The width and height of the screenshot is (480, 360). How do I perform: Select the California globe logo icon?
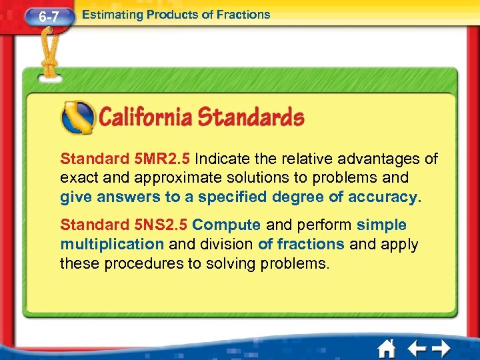click(77, 118)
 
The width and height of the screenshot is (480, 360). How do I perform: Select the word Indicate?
click(225, 159)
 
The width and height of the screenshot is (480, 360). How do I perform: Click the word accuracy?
click(387, 197)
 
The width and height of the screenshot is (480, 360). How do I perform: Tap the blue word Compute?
click(225, 225)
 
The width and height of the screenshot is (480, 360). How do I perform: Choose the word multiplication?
click(111, 244)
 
